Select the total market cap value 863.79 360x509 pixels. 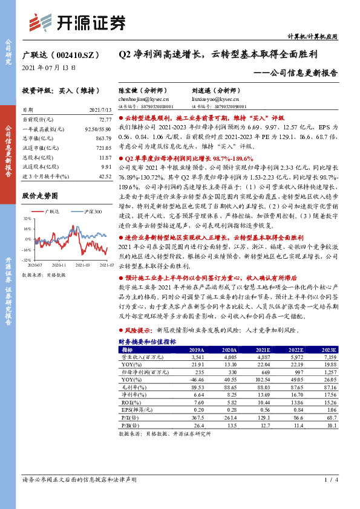pyautogui.click(x=103, y=138)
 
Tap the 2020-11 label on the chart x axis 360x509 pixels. pyautogui.click(x=61, y=265)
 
